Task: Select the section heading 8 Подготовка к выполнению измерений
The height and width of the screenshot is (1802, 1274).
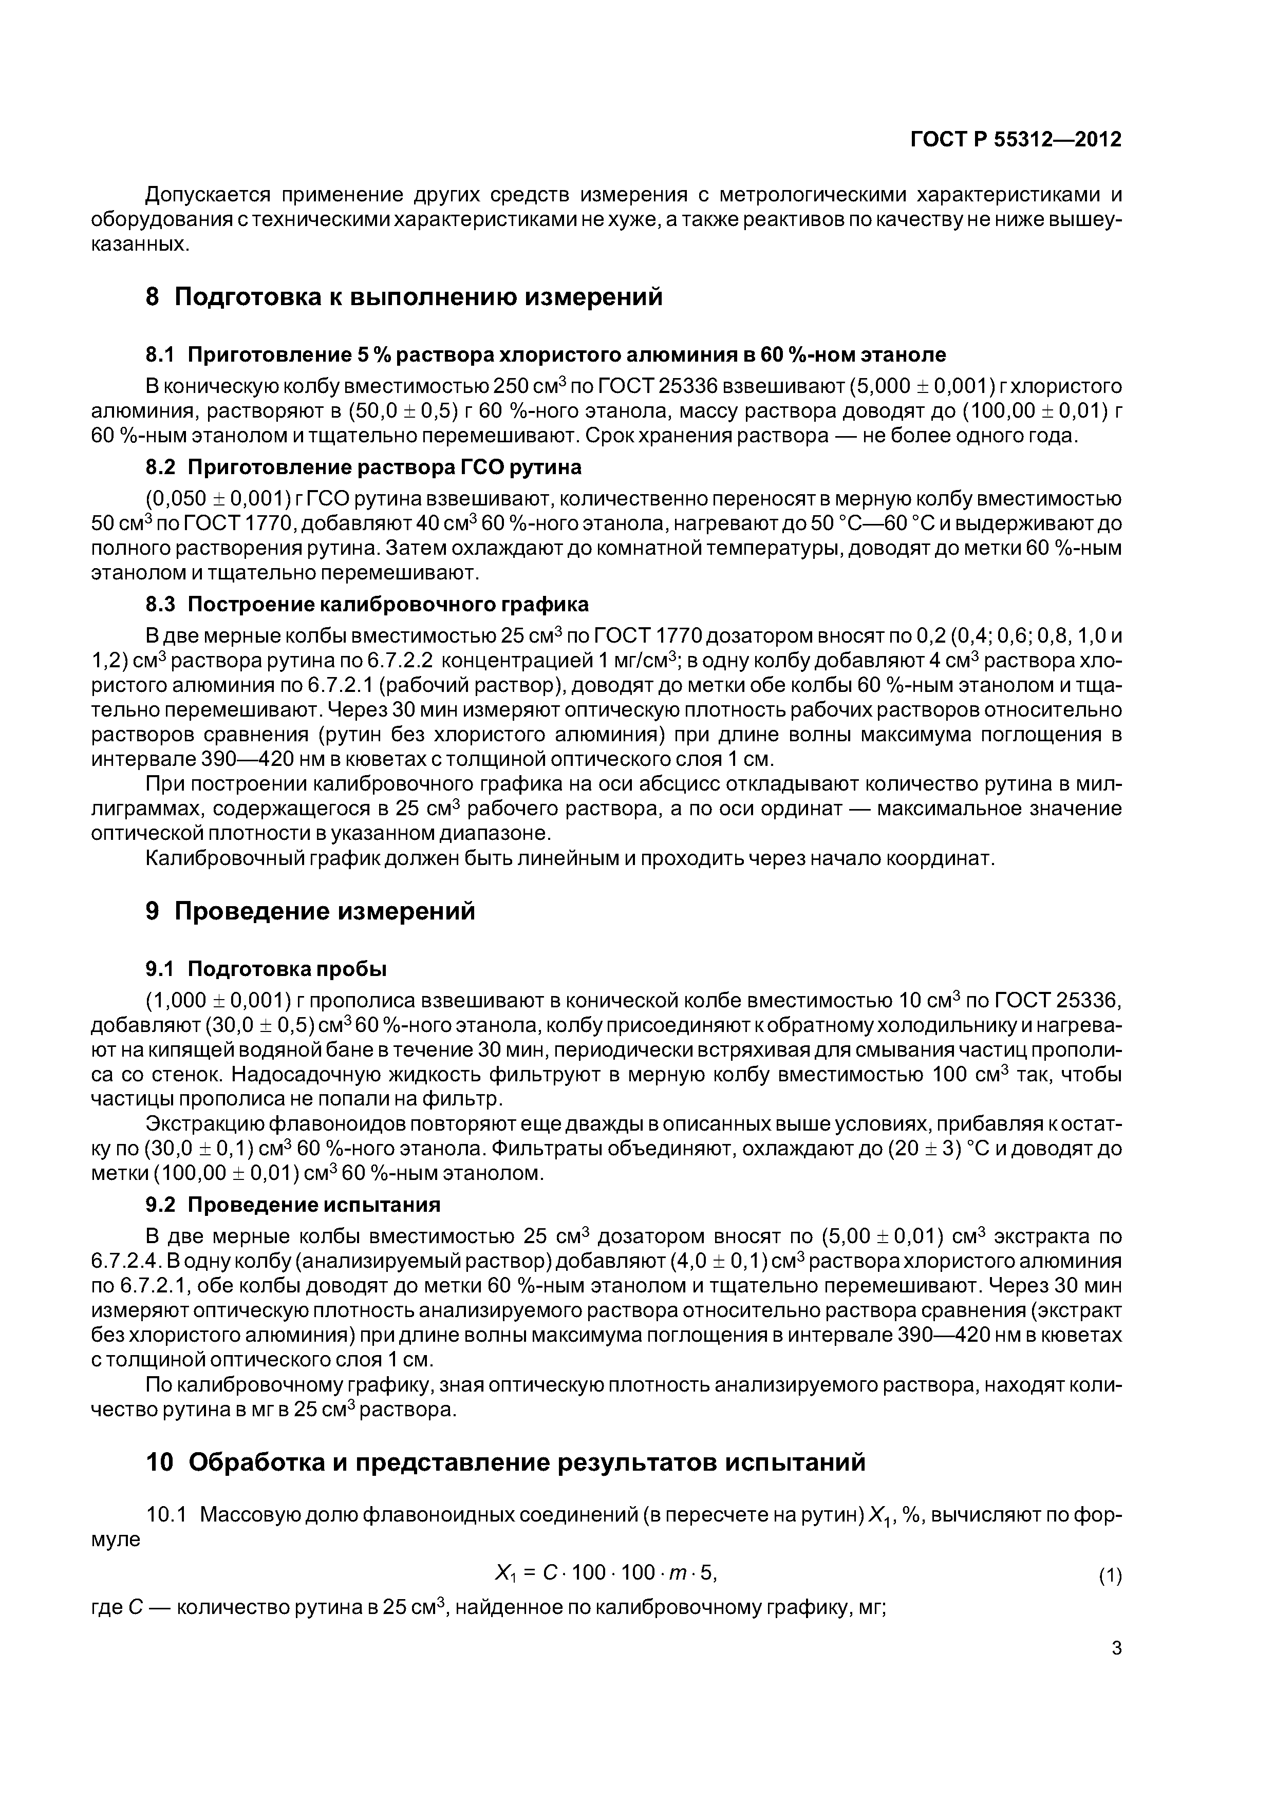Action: click(404, 297)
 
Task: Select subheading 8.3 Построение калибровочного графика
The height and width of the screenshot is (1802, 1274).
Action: click(367, 604)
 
